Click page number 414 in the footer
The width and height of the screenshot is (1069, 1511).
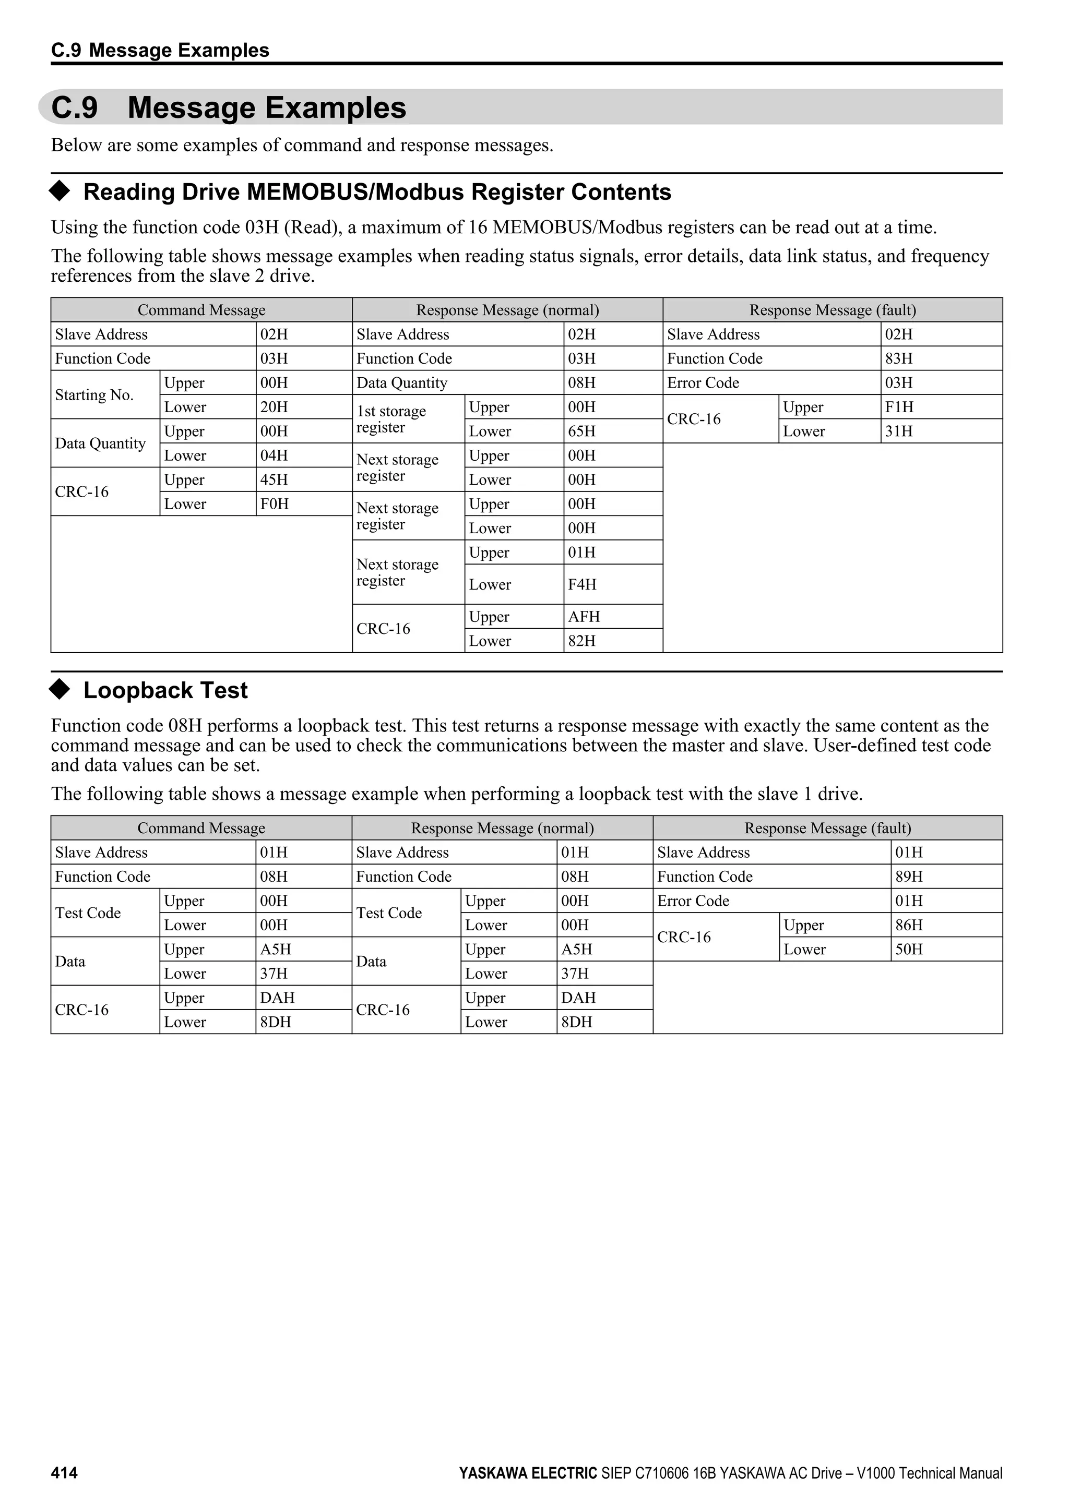pos(64,1473)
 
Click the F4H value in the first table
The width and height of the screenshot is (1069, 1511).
pos(582,584)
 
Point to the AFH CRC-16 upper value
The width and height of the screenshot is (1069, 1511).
pos(584,617)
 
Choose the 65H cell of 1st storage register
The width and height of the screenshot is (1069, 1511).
pos(582,431)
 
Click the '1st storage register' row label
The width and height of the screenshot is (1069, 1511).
pos(391,419)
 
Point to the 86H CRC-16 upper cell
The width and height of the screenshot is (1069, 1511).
pos(908,925)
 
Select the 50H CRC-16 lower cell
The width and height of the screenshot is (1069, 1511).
pos(908,949)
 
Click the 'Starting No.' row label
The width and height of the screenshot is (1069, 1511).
pos(94,395)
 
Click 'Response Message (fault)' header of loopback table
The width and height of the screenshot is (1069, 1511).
pos(827,828)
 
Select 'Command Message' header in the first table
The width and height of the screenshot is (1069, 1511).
pos(201,310)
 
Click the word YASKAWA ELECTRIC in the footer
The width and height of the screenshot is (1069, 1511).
pos(528,1473)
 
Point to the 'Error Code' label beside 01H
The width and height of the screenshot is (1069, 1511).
pos(693,901)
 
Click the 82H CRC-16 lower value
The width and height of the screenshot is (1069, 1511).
pos(582,641)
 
